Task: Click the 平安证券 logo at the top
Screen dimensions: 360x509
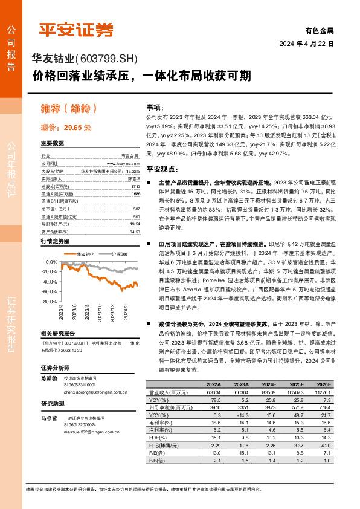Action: coord(76,30)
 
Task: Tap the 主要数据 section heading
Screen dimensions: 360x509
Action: coord(53,144)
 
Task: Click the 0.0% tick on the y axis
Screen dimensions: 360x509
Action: coord(53,262)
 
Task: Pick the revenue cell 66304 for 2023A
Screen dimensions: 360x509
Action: coord(241,392)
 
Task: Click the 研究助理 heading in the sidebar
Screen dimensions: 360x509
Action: coord(53,404)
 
